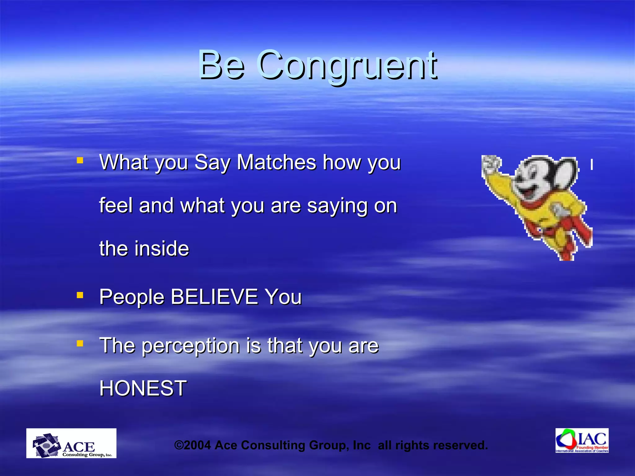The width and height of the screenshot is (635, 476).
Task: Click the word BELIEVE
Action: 214,297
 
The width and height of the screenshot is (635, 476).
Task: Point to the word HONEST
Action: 143,388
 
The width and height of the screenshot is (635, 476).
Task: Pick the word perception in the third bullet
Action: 191,346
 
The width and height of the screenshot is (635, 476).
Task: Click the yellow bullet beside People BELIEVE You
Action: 80,295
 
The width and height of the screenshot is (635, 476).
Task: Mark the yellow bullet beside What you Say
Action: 80,160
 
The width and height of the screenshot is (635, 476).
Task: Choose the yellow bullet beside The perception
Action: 80,343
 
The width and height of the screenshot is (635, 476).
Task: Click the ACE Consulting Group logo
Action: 71,443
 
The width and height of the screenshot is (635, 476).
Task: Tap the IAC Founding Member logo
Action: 582,440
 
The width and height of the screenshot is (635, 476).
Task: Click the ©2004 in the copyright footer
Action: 193,445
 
